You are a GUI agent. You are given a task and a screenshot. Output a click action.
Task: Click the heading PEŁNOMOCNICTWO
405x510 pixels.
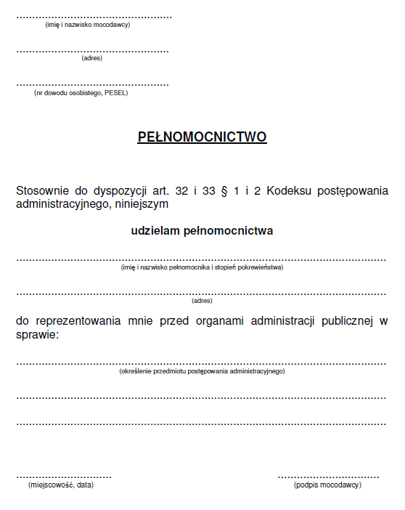pyautogui.click(x=202, y=137)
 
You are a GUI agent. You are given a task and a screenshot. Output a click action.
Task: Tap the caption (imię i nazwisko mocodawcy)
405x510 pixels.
pyautogui.click(x=88, y=25)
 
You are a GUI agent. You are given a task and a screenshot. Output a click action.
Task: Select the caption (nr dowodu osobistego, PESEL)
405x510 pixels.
pyautogui.click(x=81, y=93)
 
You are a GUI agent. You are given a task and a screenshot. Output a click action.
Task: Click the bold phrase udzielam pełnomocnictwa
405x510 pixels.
pyautogui.click(x=202, y=231)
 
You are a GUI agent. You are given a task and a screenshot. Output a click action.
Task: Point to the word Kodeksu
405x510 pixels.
pyautogui.click(x=290, y=190)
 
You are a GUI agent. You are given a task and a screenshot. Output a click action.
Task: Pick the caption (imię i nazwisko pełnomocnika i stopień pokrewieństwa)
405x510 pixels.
pyautogui.click(x=202, y=267)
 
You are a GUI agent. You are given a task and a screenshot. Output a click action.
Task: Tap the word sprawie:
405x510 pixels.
pyautogui.click(x=38, y=334)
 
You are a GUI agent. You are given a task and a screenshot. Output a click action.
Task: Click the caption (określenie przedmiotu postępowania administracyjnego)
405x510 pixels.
pyautogui.click(x=202, y=371)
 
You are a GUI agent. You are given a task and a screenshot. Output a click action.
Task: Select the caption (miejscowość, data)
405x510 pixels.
pyautogui.click(x=61, y=485)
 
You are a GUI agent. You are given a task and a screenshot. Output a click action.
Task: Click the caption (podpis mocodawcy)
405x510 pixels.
pyautogui.click(x=327, y=485)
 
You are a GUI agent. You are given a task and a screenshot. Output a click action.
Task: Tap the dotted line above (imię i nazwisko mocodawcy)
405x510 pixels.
pyautogui.click(x=94, y=17)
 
